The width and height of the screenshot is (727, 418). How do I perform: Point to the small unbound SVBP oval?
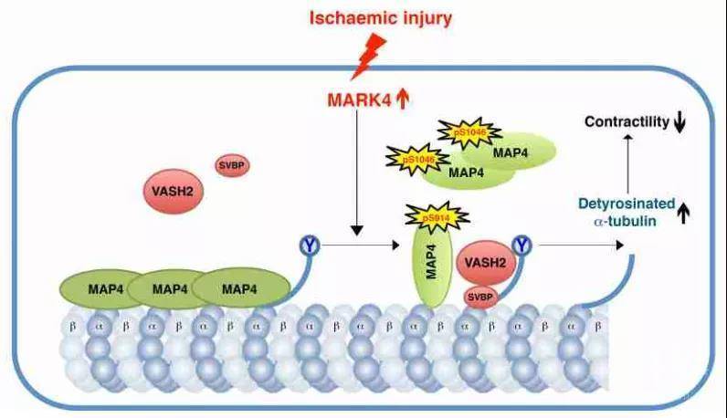(x=231, y=165)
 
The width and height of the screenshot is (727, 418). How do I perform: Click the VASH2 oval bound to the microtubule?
(x=487, y=261)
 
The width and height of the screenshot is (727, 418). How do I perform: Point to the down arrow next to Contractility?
(x=679, y=122)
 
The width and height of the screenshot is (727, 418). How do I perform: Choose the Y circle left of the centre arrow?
(x=309, y=245)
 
